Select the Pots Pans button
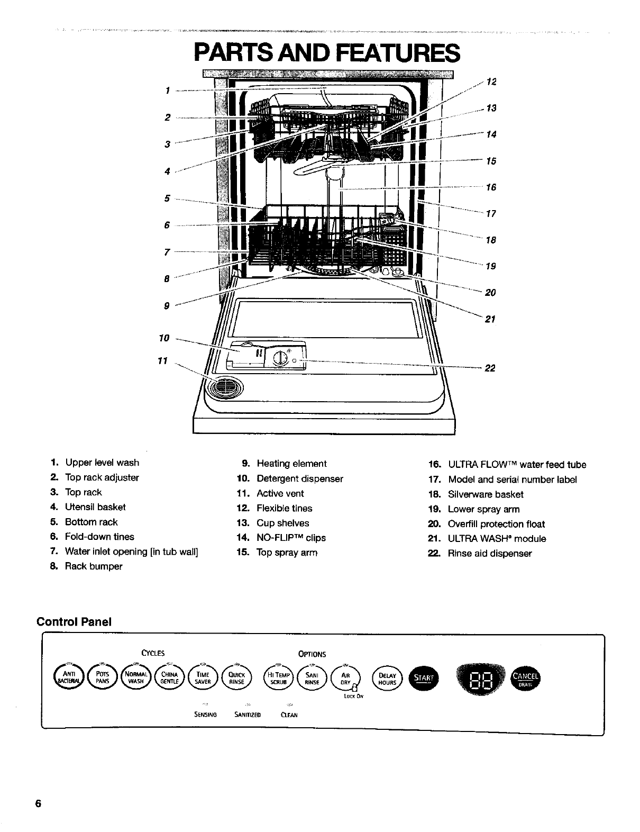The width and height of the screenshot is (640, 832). (x=103, y=678)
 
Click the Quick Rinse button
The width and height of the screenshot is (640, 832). (x=236, y=678)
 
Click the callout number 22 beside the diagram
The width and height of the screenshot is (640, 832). (x=490, y=368)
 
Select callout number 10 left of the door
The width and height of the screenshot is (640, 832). (x=164, y=338)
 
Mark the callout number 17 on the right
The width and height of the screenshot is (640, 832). (x=490, y=214)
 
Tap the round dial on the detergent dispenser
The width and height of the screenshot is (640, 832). (x=280, y=361)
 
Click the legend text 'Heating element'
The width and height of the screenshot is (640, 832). (x=291, y=464)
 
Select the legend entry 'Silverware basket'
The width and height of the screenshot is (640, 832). (x=486, y=494)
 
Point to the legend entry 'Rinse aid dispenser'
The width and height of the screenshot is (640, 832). (x=490, y=554)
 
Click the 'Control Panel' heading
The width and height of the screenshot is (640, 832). (x=74, y=621)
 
